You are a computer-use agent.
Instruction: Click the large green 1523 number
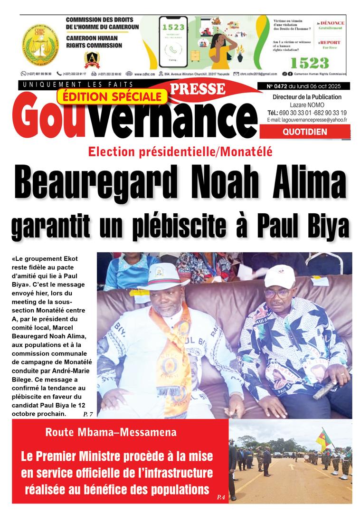click(309, 63)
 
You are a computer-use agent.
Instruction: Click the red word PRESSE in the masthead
click(197, 88)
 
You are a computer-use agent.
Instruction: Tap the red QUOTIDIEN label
click(304, 132)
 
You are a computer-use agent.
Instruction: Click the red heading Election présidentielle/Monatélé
click(180, 152)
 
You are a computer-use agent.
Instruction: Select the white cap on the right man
click(280, 275)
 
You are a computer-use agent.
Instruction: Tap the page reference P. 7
click(88, 415)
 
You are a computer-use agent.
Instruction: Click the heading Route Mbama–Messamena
click(111, 432)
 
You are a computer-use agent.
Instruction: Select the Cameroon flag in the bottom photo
click(324, 439)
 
